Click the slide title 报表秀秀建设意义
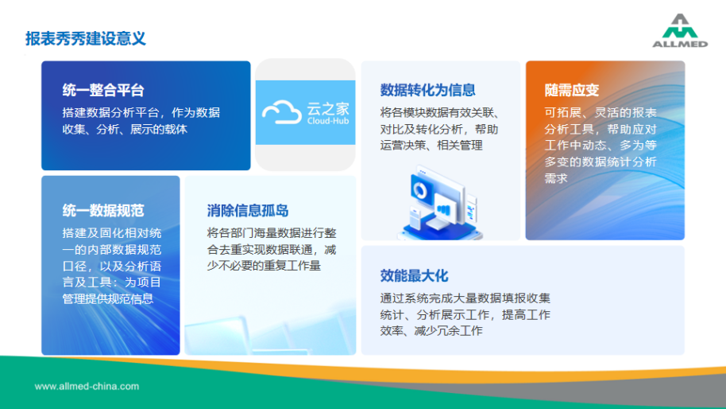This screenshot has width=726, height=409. [x=86, y=38]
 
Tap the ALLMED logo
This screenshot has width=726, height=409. [x=680, y=30]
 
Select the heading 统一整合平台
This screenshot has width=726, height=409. [x=103, y=90]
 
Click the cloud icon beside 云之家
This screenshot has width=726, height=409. [x=282, y=112]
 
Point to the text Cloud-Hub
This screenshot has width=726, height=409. [x=328, y=121]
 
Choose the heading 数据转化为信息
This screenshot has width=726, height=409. [x=428, y=90]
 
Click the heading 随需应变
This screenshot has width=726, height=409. [x=572, y=90]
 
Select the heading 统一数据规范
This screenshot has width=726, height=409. [x=103, y=211]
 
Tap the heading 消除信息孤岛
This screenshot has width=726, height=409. [x=248, y=211]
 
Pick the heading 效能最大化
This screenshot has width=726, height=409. [x=415, y=276]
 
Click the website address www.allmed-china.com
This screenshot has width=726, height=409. [x=87, y=386]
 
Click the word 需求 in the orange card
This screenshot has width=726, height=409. [x=556, y=178]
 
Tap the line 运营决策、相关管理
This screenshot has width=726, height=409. [x=431, y=145]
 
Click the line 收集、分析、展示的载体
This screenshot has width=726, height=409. [x=125, y=129]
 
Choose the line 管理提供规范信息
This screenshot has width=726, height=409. [x=108, y=298]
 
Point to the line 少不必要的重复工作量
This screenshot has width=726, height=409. [x=264, y=266]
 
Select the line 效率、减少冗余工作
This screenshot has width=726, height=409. [x=431, y=331]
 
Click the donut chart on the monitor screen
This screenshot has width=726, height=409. [x=421, y=189]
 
